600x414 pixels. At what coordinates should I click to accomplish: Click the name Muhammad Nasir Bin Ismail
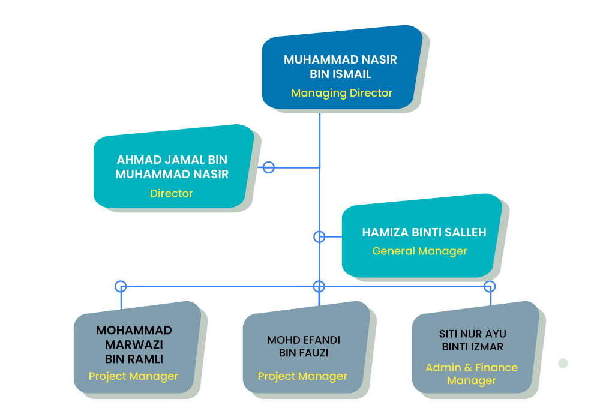[x=340, y=67]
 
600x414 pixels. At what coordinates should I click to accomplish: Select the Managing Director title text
[x=341, y=93]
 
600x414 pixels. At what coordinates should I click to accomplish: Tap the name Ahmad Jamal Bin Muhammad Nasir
[x=172, y=167]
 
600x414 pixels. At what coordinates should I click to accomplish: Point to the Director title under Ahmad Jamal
[x=172, y=193]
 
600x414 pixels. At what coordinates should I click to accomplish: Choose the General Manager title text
[x=419, y=251]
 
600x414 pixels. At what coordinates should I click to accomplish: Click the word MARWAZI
[x=134, y=344]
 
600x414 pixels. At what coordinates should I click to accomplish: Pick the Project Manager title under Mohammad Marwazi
[x=133, y=376]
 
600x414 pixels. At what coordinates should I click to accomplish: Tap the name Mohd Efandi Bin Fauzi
[x=304, y=347]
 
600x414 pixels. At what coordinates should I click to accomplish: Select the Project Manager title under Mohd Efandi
[x=302, y=376]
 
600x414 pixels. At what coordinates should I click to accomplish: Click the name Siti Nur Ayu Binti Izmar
[x=473, y=340]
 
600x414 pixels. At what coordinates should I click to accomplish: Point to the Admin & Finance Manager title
[x=472, y=374]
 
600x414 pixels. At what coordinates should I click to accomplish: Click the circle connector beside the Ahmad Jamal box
[x=269, y=167]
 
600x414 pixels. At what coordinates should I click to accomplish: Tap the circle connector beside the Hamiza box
[x=319, y=237]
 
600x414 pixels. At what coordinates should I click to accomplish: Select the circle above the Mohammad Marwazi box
[x=121, y=286]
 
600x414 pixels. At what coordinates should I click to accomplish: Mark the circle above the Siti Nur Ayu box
[x=490, y=286]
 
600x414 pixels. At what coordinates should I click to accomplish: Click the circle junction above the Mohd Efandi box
[x=319, y=286]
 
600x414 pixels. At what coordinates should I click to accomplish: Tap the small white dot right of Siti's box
[x=563, y=363]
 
